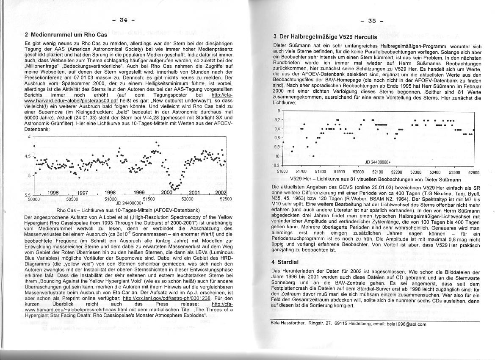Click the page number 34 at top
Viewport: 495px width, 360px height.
tap(123, 19)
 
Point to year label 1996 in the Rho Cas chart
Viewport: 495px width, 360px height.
tap(53, 192)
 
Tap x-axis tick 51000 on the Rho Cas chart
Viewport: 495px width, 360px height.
tap(111, 199)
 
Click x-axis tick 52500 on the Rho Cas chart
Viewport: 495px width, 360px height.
tap(224, 199)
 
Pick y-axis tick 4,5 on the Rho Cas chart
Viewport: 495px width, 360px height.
tap(28, 156)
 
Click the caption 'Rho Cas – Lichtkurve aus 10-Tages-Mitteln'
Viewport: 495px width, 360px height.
tap(128, 210)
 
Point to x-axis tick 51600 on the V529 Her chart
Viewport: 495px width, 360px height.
tap(282, 172)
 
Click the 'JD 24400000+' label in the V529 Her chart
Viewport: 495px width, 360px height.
tap(378, 162)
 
